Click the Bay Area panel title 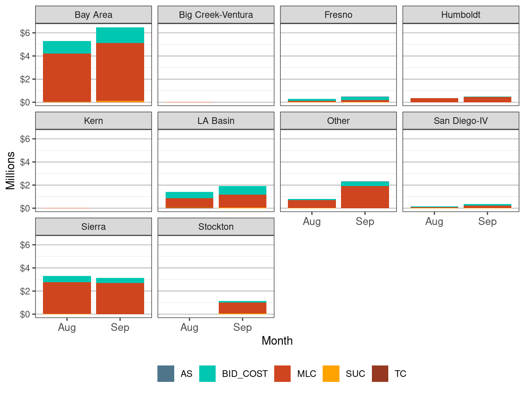click(x=93, y=15)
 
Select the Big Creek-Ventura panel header click(x=216, y=15)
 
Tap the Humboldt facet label click(x=461, y=15)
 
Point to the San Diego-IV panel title click(x=461, y=121)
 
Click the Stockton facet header click(x=216, y=227)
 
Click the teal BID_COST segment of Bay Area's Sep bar click(x=120, y=35)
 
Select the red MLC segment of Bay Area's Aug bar click(x=67, y=77)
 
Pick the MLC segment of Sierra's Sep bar click(x=120, y=298)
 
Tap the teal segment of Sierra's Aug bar click(x=67, y=279)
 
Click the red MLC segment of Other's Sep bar click(x=365, y=197)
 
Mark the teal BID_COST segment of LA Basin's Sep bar click(x=242, y=190)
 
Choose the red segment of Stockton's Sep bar click(x=242, y=308)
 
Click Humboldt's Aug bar click(x=434, y=100)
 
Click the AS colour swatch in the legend click(x=166, y=374)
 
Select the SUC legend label click(x=355, y=374)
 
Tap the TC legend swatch click(x=380, y=374)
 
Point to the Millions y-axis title click(x=11, y=170)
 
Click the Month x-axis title click(x=277, y=341)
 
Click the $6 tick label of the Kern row click(x=25, y=139)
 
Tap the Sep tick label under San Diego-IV click(x=487, y=222)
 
